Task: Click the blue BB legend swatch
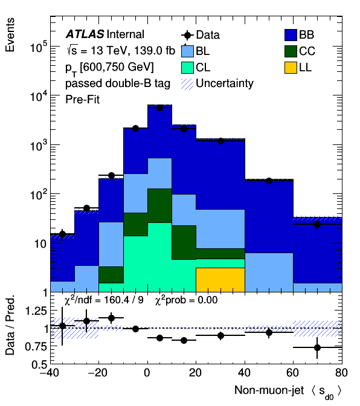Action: pos(291,35)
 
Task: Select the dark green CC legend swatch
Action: pos(291,51)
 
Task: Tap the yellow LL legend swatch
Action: pos(291,68)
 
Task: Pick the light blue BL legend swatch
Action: pos(187,51)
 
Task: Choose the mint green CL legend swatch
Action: pos(187,68)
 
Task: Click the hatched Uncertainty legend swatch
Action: pos(187,84)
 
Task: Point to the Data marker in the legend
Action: pos(187,35)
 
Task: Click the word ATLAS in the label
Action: pos(85,34)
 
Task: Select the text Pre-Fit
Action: pos(82,100)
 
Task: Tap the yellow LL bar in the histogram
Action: pos(220,280)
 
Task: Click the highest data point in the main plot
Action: pos(159,108)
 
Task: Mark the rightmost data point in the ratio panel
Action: pos(317,347)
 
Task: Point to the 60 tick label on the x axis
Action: pos(293,373)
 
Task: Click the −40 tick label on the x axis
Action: pos(50,373)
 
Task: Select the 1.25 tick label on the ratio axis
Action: pos(36,311)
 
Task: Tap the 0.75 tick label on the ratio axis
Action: pos(36,346)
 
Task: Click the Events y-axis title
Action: pos(10,35)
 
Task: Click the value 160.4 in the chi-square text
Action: pos(117,300)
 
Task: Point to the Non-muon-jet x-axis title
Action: pos(269,390)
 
